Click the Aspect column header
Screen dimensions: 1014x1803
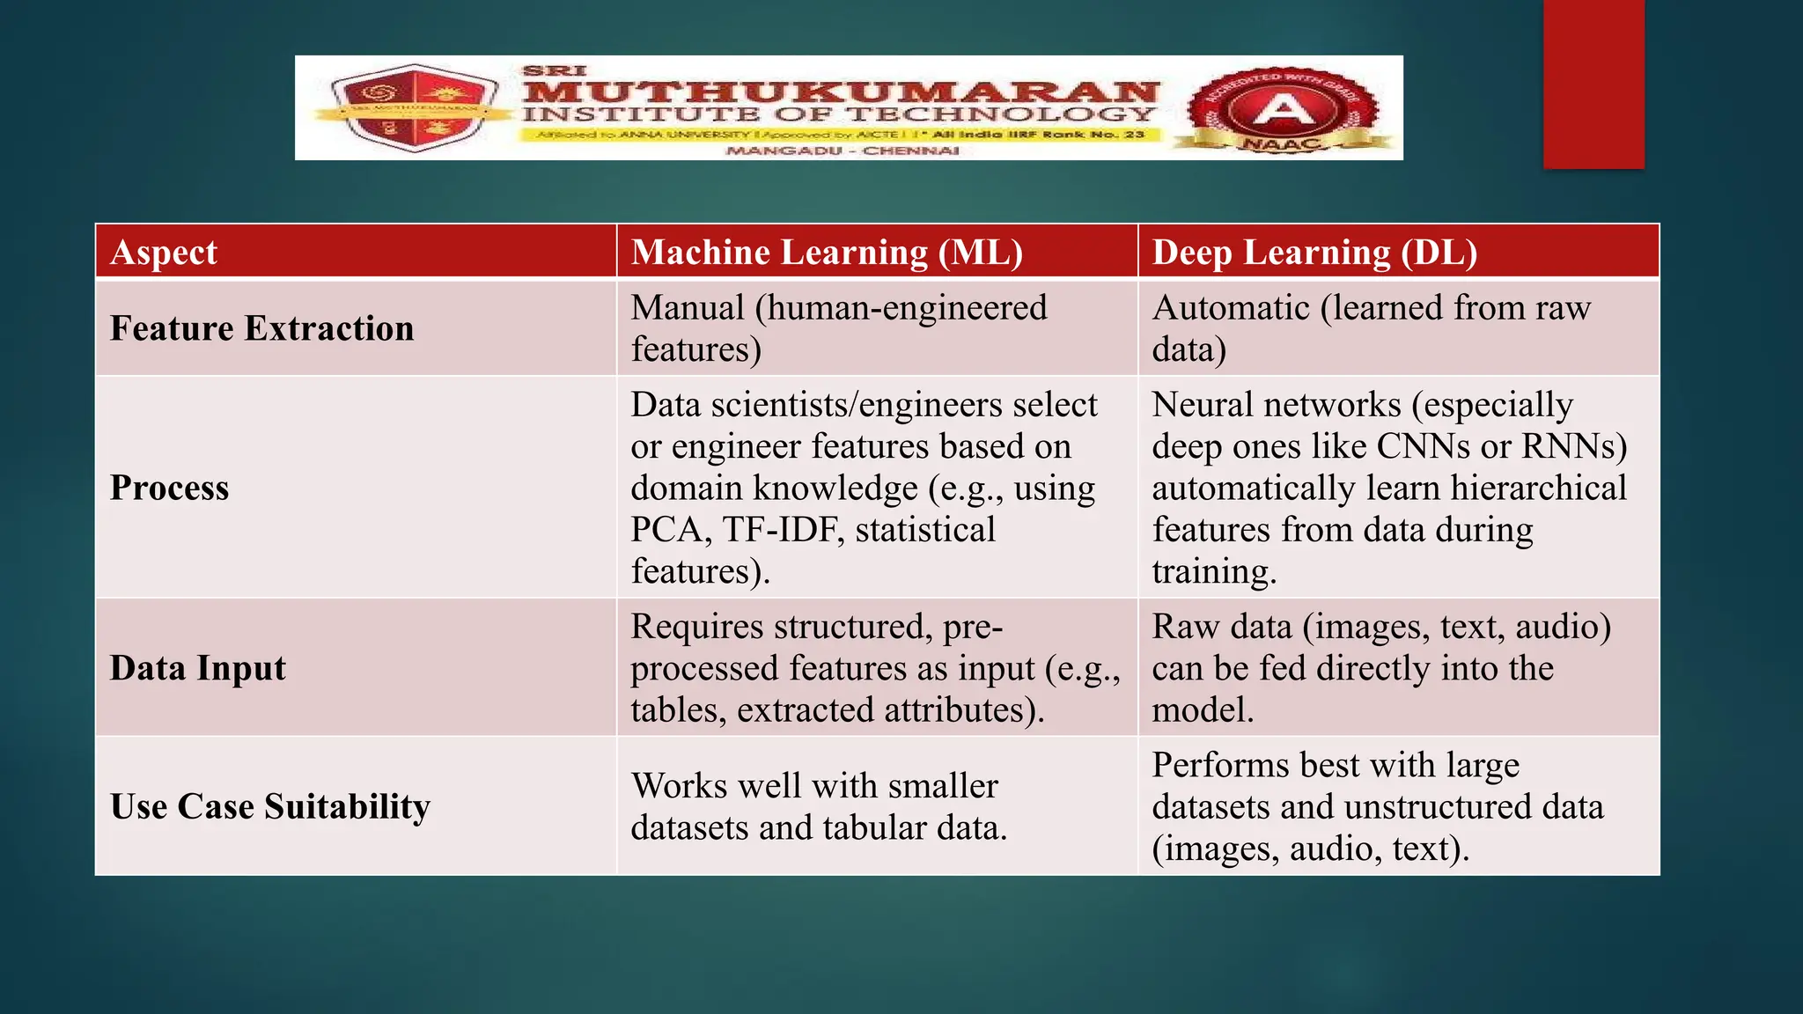click(x=164, y=253)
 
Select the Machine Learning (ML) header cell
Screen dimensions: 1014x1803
click(x=827, y=253)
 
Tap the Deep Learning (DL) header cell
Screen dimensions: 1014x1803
click(x=1314, y=253)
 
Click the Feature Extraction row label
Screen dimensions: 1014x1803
click(x=261, y=328)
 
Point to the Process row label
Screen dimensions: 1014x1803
click(x=169, y=488)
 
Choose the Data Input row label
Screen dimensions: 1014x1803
click(x=198, y=668)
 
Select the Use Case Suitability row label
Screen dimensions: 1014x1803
click(x=270, y=806)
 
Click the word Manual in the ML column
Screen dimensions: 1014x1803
click(x=688, y=308)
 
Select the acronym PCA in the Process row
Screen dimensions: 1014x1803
click(x=666, y=530)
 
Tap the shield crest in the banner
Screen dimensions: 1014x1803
click(x=414, y=107)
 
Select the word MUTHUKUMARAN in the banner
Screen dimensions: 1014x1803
click(x=841, y=91)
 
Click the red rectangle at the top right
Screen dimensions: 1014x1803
click(x=1593, y=84)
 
